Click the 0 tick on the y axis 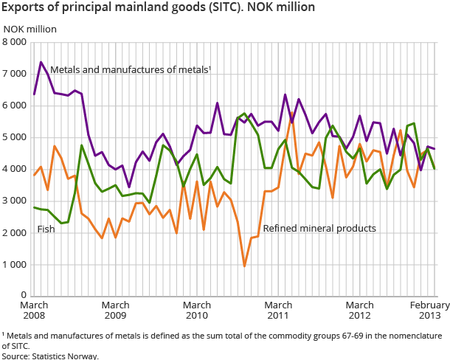[24, 296]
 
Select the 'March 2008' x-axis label [34, 311]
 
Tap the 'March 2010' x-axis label [197, 311]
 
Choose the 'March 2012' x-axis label [359, 311]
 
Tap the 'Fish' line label [46, 229]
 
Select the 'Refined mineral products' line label [319, 229]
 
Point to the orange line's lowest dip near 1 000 [244, 266]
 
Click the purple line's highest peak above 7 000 [41, 62]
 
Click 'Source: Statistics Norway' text [49, 356]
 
